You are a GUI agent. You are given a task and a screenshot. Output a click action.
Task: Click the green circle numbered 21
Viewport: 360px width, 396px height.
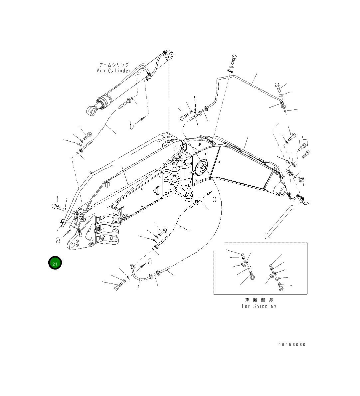point(55,263)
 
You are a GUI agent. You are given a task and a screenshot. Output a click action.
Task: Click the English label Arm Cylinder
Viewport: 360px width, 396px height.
point(113,71)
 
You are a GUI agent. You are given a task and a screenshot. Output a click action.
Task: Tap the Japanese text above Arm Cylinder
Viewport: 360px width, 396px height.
point(114,65)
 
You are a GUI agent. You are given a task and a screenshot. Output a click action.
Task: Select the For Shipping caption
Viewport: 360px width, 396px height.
point(259,306)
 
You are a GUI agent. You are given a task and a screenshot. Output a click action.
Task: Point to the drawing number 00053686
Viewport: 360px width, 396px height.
point(292,345)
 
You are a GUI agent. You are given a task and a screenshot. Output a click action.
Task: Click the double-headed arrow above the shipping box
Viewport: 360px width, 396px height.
point(279,222)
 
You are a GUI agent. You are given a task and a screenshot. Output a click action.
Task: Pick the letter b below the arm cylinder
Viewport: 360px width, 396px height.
point(132,125)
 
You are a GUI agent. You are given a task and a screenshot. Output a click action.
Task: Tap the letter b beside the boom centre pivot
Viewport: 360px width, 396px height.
point(214,199)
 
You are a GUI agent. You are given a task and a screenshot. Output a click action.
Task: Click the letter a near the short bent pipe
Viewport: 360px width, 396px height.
point(150,261)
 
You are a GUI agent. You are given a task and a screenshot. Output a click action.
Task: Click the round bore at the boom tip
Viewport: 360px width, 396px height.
point(280,192)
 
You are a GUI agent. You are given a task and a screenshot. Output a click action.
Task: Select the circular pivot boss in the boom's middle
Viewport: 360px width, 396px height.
point(202,167)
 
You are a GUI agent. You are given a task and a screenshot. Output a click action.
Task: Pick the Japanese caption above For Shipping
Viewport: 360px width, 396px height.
point(259,300)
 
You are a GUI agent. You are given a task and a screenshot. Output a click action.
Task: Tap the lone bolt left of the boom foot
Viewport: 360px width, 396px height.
point(56,207)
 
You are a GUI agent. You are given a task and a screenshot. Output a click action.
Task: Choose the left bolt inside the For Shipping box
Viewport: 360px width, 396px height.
point(251,276)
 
